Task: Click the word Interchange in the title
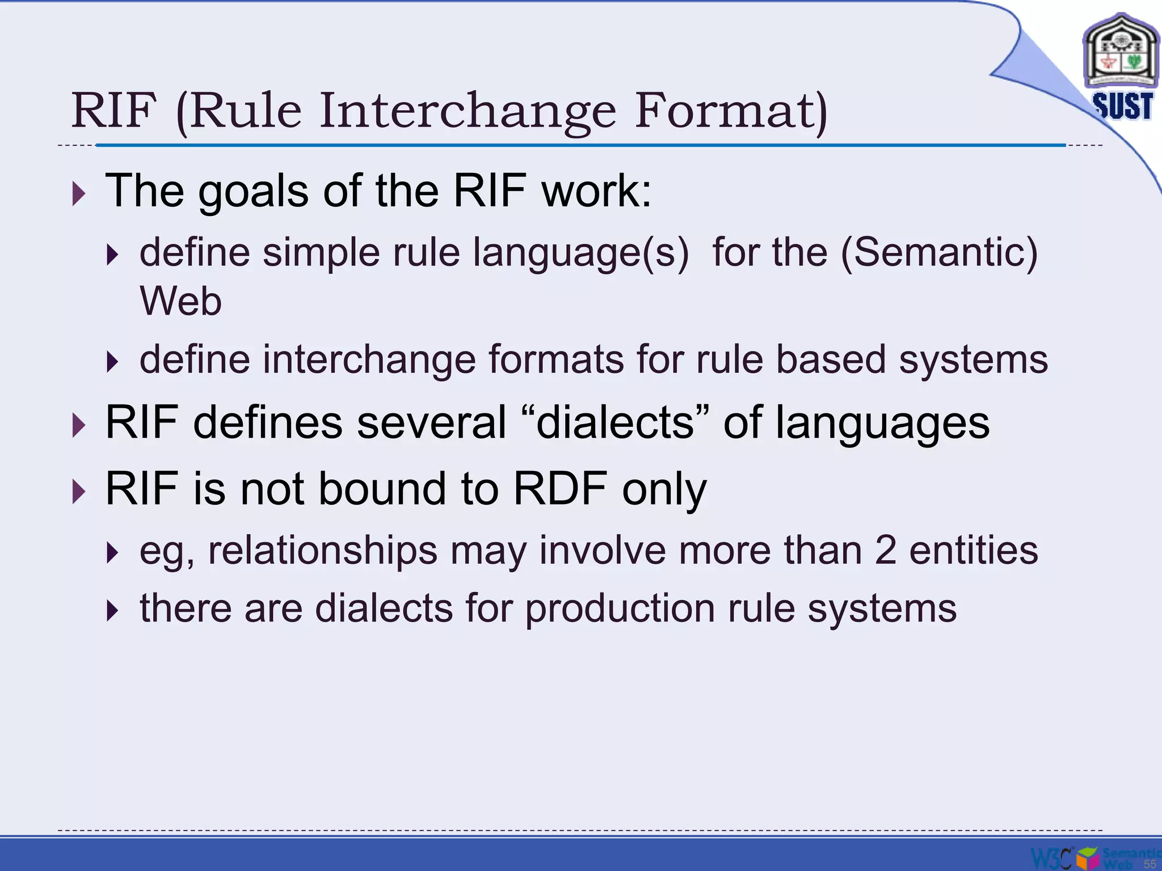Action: pyautogui.click(x=467, y=111)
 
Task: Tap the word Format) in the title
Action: pyautogui.click(x=731, y=111)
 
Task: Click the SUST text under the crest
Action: pyautogui.click(x=1122, y=107)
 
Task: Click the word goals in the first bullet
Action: pyautogui.click(x=253, y=192)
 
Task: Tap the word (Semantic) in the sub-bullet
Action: pyautogui.click(x=939, y=252)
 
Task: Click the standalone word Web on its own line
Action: pyautogui.click(x=180, y=301)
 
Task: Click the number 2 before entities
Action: pyautogui.click(x=885, y=551)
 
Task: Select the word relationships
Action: pyautogui.click(x=323, y=551)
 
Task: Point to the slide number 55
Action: pyautogui.click(x=1150, y=864)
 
